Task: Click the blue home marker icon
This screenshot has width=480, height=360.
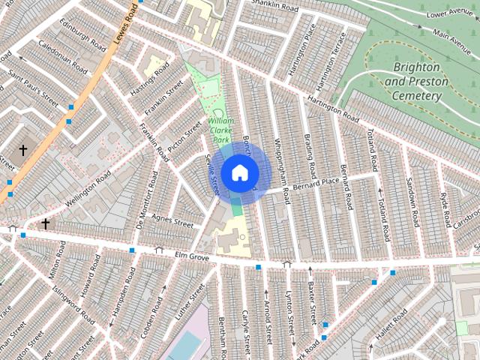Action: [x=238, y=173]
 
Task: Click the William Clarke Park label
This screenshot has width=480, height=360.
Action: [x=221, y=130]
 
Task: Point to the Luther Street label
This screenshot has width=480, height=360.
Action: [x=190, y=301]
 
